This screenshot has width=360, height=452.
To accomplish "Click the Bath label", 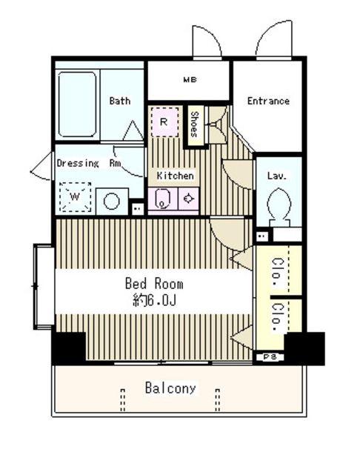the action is [x=119, y=101].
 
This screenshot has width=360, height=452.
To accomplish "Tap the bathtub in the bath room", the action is [x=77, y=104].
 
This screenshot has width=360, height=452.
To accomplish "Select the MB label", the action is [x=190, y=79].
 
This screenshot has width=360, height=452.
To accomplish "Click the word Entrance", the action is [x=268, y=101].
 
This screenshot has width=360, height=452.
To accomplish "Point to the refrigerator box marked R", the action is [x=164, y=122].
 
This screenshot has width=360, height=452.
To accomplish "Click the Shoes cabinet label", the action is [x=195, y=124].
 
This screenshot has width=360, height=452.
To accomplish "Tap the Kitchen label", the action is [x=175, y=176].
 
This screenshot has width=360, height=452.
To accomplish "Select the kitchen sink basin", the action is [x=162, y=199].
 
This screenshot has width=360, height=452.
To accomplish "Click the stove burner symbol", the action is [x=188, y=199].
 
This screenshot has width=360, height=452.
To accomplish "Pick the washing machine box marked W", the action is [x=76, y=197].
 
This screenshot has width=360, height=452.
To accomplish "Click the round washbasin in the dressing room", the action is [x=112, y=202].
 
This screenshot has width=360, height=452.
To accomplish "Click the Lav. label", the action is [x=277, y=176].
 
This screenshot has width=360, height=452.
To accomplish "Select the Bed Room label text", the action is [x=154, y=284].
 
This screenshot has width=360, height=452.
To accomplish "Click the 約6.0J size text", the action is [x=155, y=301].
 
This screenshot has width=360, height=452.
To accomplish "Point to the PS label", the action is [x=270, y=357].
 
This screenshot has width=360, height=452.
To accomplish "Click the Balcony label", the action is [x=170, y=388].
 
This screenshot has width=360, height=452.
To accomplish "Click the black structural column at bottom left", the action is [x=69, y=348].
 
